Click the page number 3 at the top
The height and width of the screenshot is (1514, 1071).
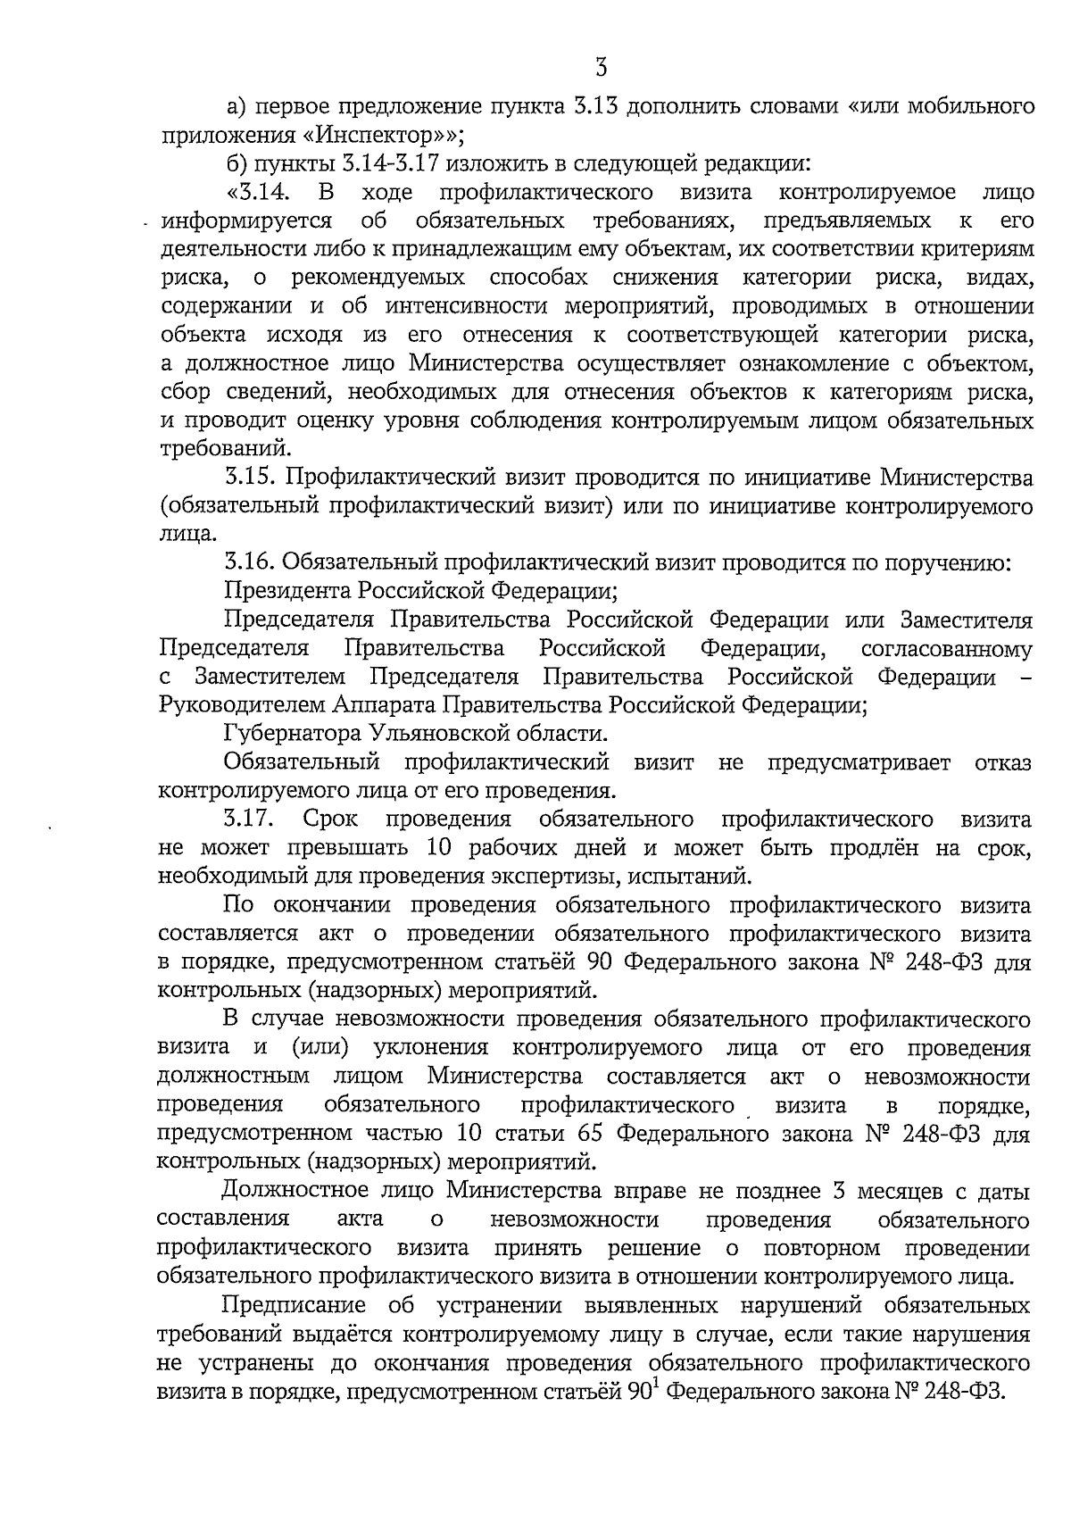[x=601, y=68]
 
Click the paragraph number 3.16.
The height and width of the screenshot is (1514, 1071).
[x=249, y=562]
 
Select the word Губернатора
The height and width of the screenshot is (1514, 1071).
[x=292, y=734]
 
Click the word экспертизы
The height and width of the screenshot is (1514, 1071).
[x=546, y=876]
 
